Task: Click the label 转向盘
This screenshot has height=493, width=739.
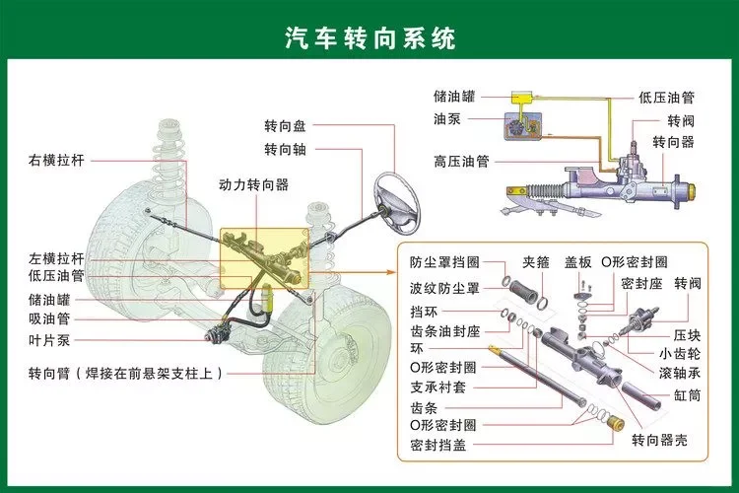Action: (285, 126)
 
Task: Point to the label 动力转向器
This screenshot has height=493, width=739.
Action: (253, 184)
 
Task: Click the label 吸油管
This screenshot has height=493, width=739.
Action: (49, 317)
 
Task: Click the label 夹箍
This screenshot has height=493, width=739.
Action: (536, 262)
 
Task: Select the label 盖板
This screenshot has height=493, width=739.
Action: (578, 262)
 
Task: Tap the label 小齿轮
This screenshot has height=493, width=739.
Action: (680, 353)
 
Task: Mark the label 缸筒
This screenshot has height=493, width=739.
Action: (687, 394)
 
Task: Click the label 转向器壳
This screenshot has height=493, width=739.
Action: (660, 439)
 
